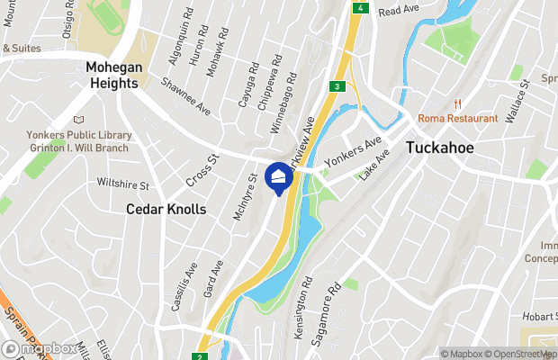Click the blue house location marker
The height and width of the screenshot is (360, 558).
point(280,176)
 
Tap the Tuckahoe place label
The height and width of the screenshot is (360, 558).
point(440,148)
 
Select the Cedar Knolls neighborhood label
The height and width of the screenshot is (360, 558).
point(166,209)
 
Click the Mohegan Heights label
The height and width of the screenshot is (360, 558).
point(112,75)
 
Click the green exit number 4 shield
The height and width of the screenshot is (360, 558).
point(361,7)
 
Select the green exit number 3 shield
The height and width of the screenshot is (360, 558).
point(336,86)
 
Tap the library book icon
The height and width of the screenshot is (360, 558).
point(78,119)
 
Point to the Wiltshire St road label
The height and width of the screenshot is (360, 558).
point(123,183)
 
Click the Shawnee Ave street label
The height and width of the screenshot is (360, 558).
point(185,95)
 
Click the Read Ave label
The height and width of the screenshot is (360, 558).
point(399,11)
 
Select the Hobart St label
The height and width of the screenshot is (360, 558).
point(538,318)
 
